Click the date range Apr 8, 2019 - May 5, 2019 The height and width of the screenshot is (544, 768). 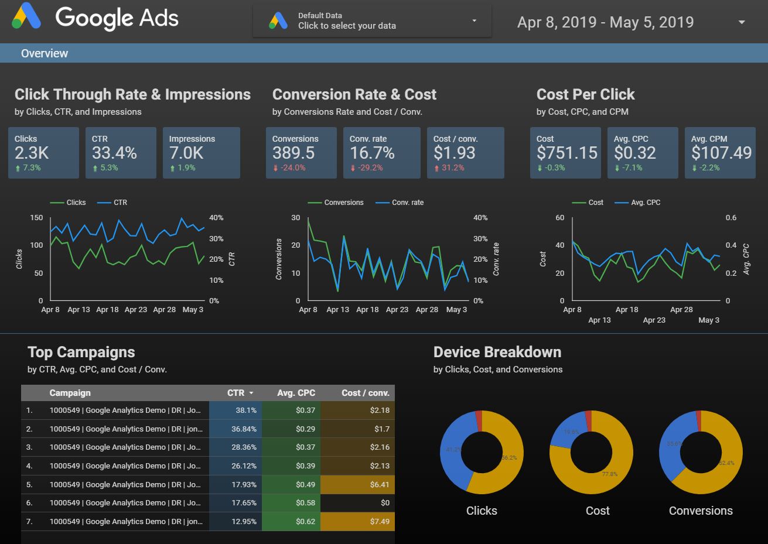[605, 22]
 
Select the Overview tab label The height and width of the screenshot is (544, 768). [45, 53]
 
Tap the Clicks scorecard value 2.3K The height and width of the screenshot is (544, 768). [32, 153]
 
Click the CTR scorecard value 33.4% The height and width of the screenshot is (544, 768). [114, 153]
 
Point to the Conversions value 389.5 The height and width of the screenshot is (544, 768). [293, 153]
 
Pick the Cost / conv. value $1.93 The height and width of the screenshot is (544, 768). [455, 153]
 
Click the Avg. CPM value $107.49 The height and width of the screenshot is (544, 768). [721, 153]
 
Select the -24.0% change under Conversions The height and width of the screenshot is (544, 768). [292, 168]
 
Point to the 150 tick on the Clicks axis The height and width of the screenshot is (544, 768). [36, 218]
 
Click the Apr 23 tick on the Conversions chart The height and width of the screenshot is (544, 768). [397, 310]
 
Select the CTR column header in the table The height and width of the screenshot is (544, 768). [235, 393]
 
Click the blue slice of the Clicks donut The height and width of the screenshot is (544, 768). [452, 451]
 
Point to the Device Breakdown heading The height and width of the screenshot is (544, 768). [497, 352]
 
